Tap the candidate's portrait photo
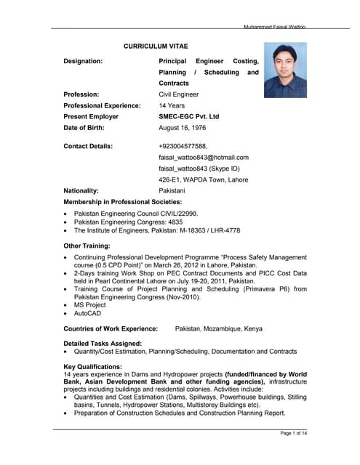point(285,69)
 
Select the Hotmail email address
point(204,157)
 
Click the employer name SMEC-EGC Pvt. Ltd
point(188,116)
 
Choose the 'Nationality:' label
point(86,190)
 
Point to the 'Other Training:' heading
point(87,246)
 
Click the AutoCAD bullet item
point(88,314)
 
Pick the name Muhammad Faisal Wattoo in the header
point(275,27)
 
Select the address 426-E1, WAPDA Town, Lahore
point(203,179)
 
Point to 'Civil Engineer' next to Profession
point(179,94)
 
